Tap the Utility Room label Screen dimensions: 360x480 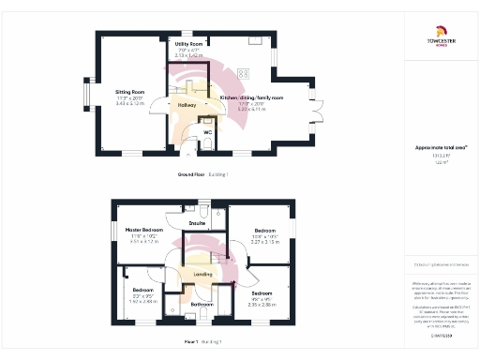point(190,44)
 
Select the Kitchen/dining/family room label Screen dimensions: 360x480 point(251,97)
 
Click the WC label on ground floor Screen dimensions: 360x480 point(208,132)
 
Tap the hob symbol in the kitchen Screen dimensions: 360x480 point(244,75)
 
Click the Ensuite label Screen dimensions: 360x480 point(197,223)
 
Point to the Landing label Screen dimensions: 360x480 point(202,274)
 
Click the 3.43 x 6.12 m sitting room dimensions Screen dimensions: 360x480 point(129,103)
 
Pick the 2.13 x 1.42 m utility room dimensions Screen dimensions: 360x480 point(190,55)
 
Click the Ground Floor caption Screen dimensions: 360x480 point(191,174)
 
